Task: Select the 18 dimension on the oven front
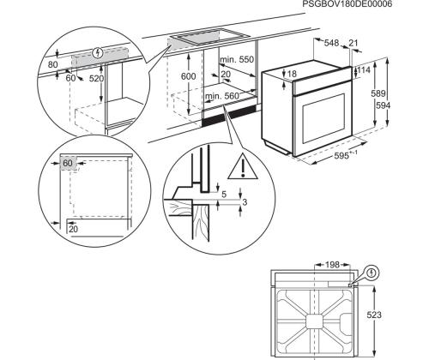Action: tap(292, 75)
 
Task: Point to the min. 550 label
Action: tap(238, 59)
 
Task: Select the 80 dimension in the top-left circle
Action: tap(54, 63)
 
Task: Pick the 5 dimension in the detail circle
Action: tap(225, 195)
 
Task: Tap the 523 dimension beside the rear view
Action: tap(398, 315)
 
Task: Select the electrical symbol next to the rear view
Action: tap(372, 274)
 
